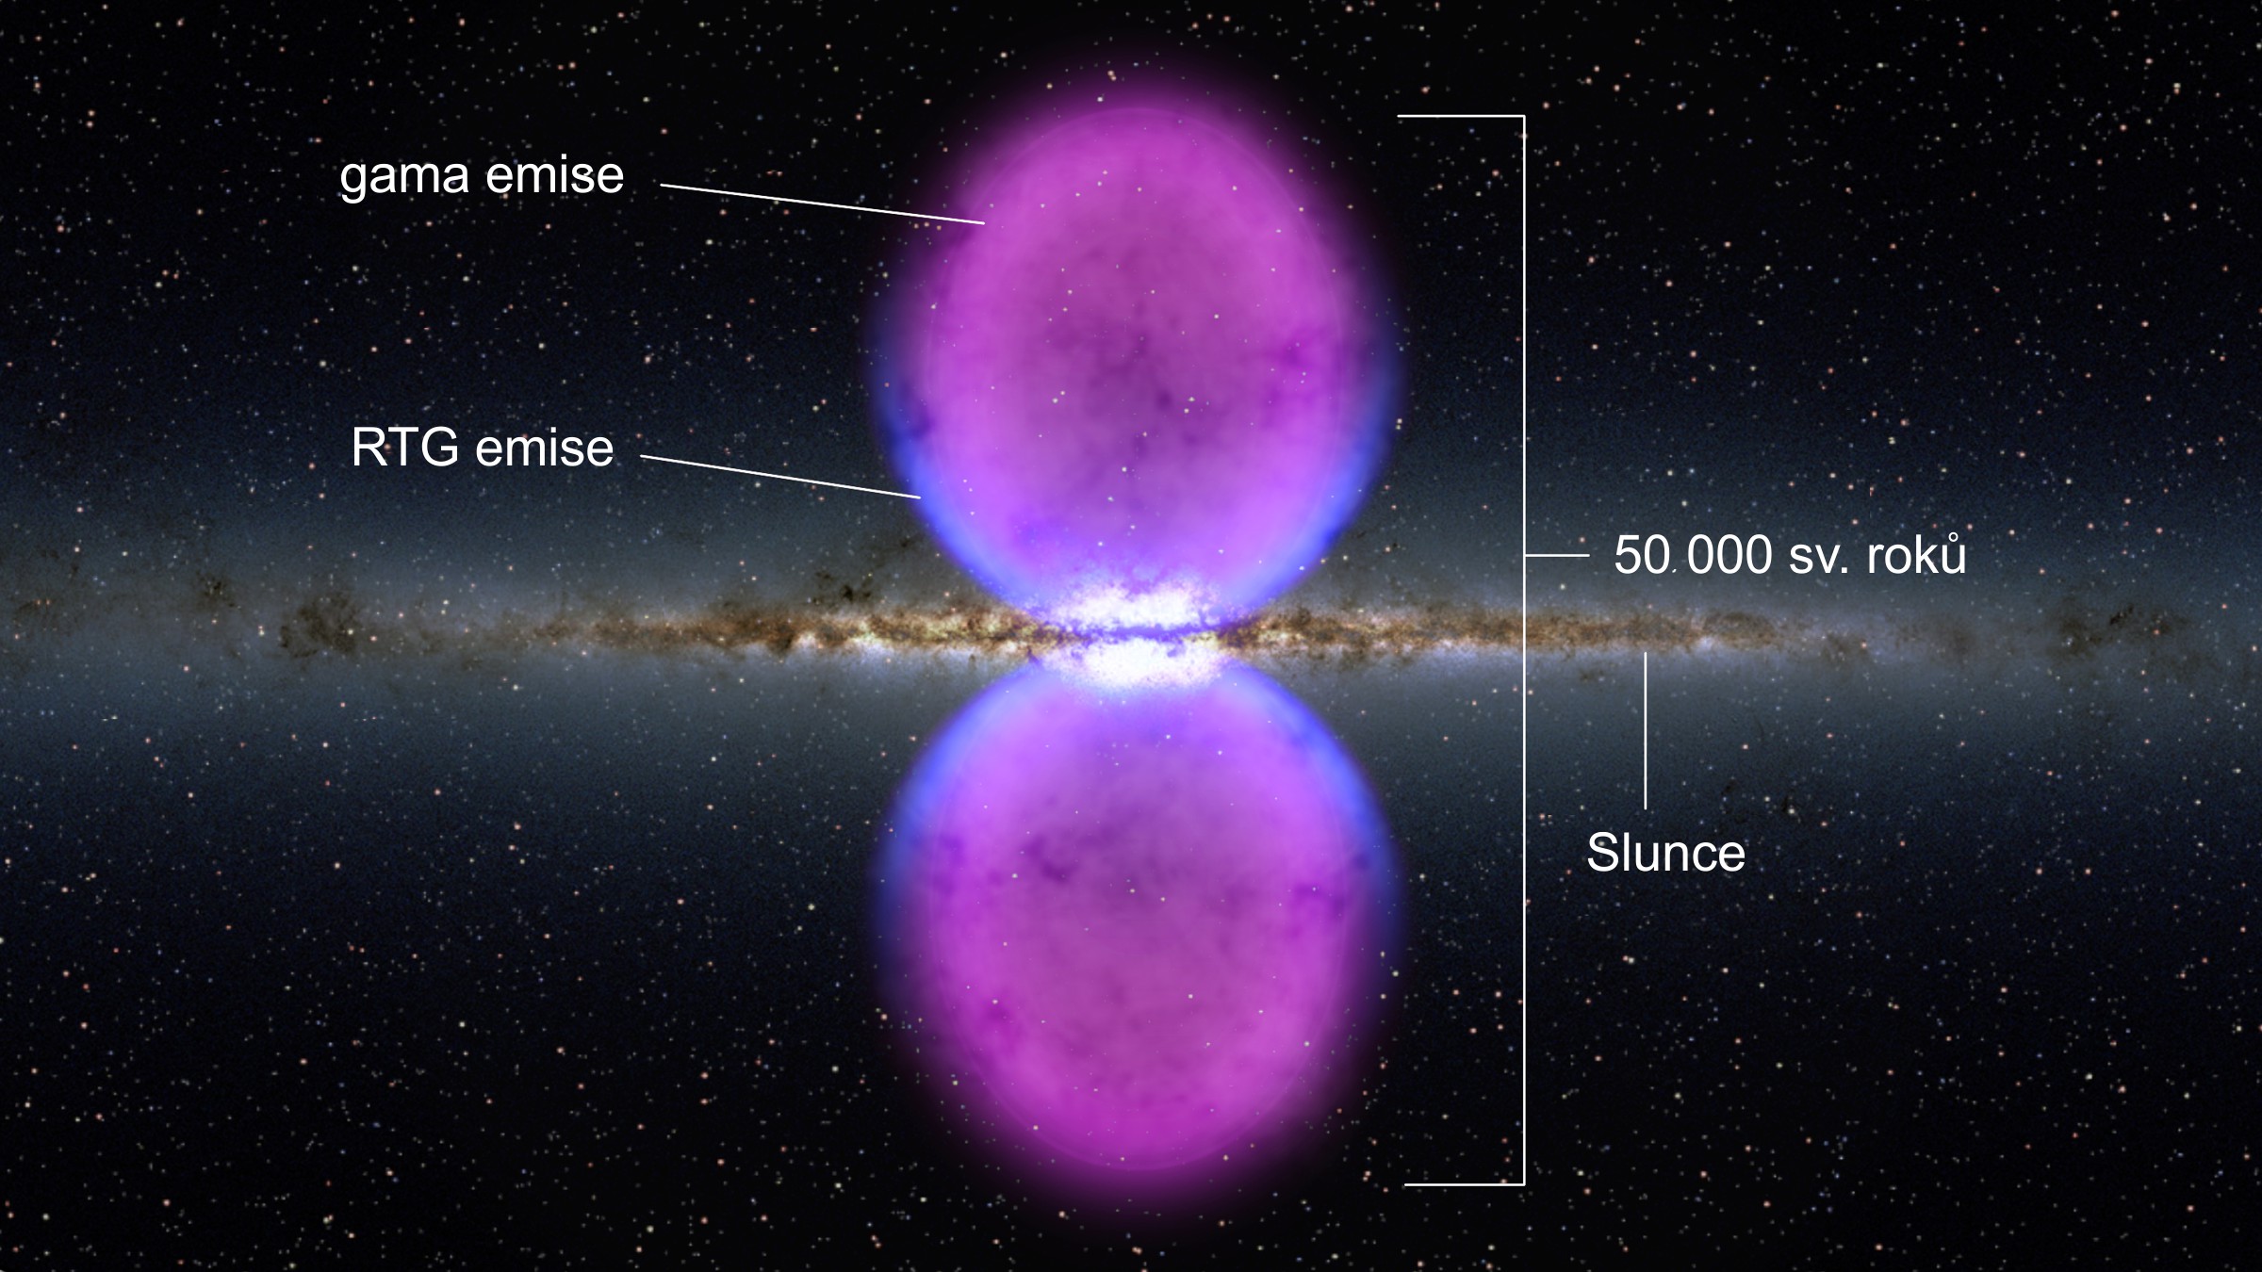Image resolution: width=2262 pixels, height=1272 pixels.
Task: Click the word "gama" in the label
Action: click(x=404, y=178)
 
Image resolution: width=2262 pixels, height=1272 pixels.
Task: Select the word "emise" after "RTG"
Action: click(x=545, y=447)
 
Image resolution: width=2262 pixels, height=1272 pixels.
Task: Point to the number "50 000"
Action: click(x=1693, y=555)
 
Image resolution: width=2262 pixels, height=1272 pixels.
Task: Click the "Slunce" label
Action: click(x=1665, y=854)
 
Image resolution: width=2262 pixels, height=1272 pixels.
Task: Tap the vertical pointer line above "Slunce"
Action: click(x=1646, y=731)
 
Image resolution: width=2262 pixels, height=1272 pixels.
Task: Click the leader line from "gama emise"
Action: click(x=823, y=204)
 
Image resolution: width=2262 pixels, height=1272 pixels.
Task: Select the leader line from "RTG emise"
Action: click(x=780, y=477)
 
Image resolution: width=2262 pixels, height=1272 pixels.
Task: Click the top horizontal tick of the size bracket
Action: click(x=1460, y=117)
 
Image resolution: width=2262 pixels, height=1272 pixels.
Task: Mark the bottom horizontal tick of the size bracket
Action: click(x=1464, y=1184)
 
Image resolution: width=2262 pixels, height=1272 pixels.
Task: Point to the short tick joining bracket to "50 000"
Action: click(x=1557, y=556)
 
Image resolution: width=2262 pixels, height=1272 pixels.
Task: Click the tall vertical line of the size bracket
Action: click(x=1524, y=650)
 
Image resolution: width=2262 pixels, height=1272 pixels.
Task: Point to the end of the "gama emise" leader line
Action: click(x=985, y=223)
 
